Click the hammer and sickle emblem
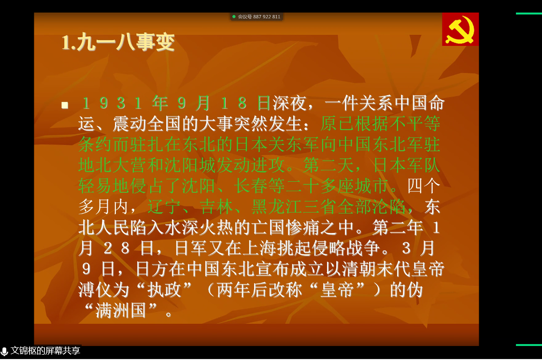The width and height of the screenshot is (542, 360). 460,30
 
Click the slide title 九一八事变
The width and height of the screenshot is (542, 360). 126,42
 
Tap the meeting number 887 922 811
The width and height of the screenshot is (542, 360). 267,16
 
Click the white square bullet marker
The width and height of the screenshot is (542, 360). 65,105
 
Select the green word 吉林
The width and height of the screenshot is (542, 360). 217,206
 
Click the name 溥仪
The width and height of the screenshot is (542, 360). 95,289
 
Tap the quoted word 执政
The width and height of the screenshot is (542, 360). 165,289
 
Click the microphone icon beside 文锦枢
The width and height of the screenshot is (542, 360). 4,351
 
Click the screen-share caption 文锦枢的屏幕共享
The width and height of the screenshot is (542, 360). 45,351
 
